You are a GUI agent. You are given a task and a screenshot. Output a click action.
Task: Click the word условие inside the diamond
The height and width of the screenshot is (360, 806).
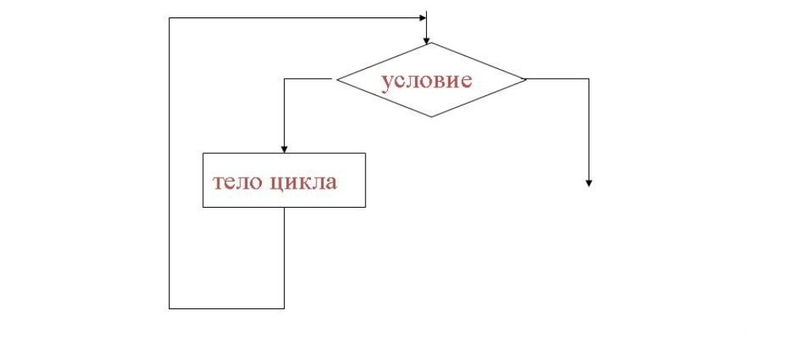point(427,81)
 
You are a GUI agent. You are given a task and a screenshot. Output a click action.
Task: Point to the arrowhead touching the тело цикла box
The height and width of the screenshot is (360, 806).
point(284,148)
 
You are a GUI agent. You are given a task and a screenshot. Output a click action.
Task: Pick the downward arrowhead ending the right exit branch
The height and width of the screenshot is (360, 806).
point(589,183)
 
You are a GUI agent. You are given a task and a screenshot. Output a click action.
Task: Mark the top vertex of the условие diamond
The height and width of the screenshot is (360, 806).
point(431,43)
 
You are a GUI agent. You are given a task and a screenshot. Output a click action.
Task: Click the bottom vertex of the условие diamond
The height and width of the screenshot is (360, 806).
point(431,117)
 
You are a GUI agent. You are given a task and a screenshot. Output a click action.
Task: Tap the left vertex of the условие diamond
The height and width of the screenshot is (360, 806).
point(336,79)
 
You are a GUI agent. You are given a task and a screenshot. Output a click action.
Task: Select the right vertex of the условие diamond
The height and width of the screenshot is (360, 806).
point(526,79)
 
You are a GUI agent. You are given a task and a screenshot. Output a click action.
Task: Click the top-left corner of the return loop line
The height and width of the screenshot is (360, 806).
point(170,17)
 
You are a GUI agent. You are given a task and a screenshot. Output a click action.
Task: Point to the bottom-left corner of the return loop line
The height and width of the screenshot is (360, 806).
point(170,308)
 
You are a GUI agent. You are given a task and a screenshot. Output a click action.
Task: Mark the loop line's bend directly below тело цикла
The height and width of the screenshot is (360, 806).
point(284,308)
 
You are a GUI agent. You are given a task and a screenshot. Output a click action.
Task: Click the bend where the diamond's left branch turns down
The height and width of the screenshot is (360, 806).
point(284,79)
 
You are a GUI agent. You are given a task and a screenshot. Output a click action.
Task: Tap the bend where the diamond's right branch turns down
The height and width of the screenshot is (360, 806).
point(589,79)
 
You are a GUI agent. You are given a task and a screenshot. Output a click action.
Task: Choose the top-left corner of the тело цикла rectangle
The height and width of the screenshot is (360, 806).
point(203,153)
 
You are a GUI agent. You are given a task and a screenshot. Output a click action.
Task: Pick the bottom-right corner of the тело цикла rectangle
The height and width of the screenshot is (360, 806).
point(366,207)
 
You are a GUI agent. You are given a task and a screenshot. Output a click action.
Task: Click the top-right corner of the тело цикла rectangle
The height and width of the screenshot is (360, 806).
point(366,153)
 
